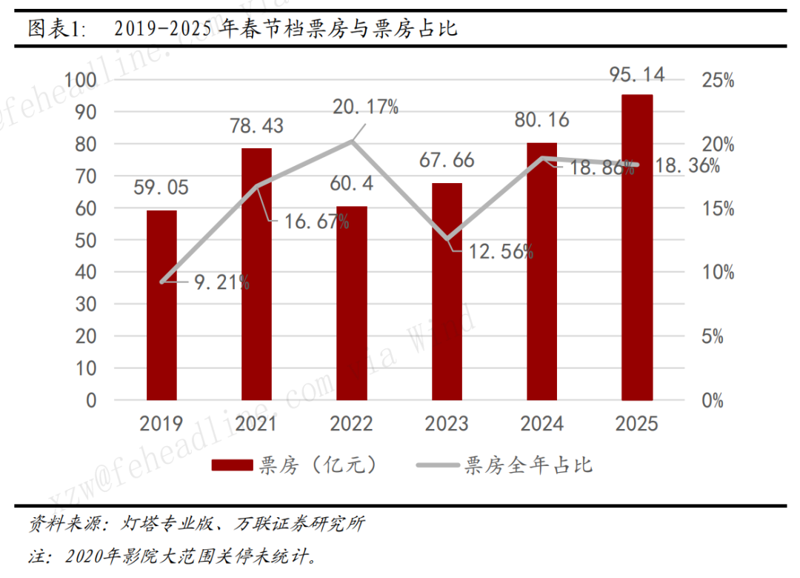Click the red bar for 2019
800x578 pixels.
click(x=161, y=305)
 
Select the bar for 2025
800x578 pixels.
click(x=636, y=248)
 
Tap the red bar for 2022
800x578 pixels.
click(x=351, y=303)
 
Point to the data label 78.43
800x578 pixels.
click(x=256, y=127)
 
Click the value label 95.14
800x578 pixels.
click(x=636, y=74)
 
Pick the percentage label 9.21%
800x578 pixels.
click(x=221, y=282)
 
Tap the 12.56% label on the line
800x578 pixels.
click(x=501, y=251)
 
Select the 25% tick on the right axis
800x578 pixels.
click(x=717, y=80)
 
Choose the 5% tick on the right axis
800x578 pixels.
click(x=717, y=336)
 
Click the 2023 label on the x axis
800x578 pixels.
click(x=447, y=424)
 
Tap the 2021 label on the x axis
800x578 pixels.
click(x=256, y=424)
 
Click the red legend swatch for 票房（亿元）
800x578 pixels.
click(x=232, y=465)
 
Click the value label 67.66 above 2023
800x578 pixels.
click(x=447, y=161)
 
